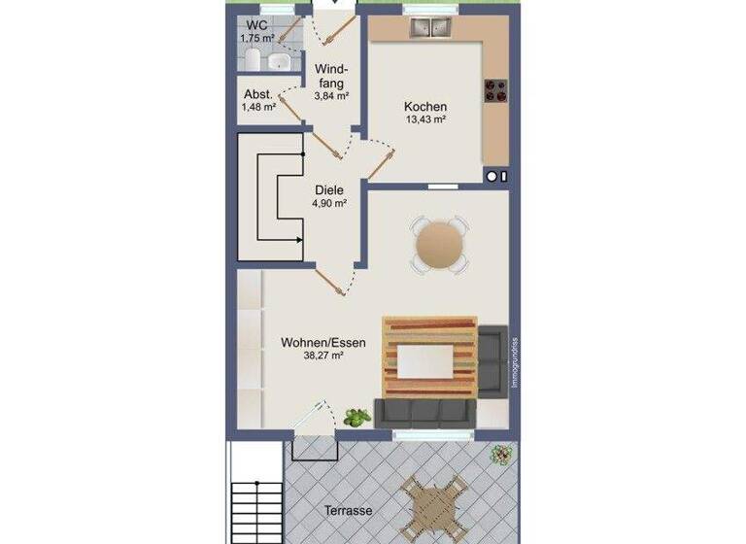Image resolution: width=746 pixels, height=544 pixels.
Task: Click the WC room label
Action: coord(256,25)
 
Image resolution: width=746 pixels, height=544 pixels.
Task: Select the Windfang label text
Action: coord(330,76)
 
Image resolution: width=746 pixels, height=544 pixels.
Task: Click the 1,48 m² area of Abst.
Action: coord(258,107)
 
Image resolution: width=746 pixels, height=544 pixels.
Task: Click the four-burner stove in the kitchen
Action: coord(496,91)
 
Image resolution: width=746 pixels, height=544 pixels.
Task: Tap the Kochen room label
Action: coord(425,106)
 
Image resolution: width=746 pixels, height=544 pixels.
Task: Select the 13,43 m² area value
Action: coord(425,119)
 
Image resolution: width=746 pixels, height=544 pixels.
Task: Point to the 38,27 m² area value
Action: coord(325,357)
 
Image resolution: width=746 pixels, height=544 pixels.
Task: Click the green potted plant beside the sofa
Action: coord(356,418)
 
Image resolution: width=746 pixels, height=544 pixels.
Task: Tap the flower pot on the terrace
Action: coord(501,454)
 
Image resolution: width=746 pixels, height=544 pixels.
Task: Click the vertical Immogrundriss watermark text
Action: coord(515,362)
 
